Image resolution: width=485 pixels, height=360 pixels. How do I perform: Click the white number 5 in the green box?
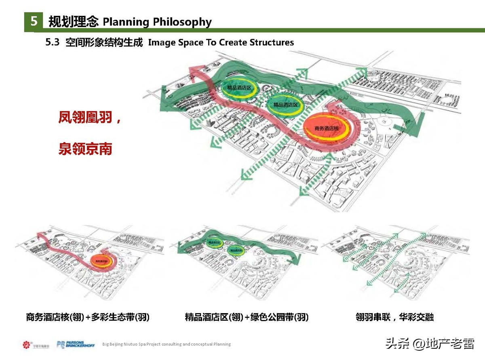point(34,21)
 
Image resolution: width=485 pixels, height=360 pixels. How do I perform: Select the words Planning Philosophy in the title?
point(157,21)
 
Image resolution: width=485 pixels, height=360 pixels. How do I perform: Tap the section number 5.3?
point(53,42)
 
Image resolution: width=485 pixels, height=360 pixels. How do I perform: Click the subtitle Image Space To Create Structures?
point(221,42)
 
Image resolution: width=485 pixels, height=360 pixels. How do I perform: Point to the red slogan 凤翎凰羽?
point(86,118)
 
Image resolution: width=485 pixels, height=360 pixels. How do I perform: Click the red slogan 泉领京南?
point(85,149)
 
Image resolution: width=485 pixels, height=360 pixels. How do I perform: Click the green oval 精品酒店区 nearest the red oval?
point(285,105)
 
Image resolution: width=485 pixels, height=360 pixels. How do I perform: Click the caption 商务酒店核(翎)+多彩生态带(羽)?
point(87,317)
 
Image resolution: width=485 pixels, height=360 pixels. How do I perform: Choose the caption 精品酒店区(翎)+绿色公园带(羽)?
point(247,317)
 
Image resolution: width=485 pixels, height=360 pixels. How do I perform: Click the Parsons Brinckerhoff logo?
point(76,344)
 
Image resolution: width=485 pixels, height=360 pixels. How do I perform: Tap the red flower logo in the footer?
point(27,345)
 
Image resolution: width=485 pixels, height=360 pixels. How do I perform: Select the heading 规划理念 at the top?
point(73,21)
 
